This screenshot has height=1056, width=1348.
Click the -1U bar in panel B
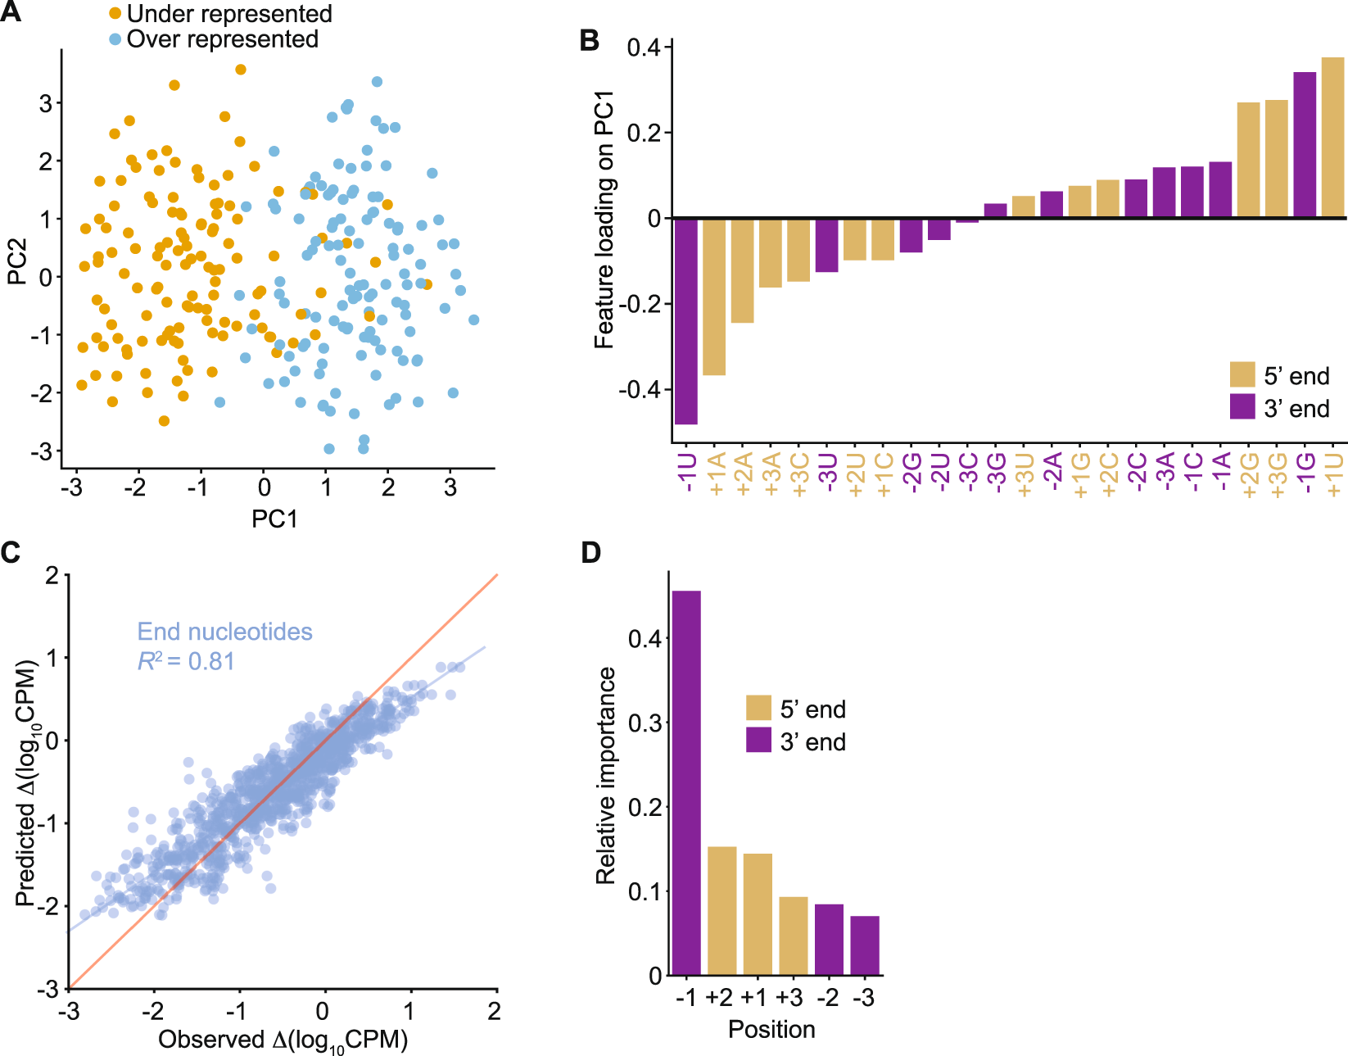[x=686, y=321]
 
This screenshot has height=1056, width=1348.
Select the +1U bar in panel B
[x=1332, y=138]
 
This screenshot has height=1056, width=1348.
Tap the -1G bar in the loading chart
[x=1305, y=145]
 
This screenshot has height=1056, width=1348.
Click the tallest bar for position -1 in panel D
[x=686, y=782]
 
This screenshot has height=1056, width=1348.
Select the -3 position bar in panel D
[x=865, y=945]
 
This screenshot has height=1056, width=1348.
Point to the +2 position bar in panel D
[x=721, y=910]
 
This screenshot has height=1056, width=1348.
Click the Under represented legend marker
[x=115, y=14]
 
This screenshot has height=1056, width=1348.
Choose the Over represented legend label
[x=222, y=39]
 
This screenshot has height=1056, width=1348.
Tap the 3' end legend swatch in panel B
[x=1242, y=406]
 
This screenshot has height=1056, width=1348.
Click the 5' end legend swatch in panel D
[x=758, y=709]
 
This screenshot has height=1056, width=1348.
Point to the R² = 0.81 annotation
[x=186, y=660]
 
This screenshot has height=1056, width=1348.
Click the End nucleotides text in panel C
[x=224, y=632]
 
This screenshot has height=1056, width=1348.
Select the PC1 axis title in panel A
[x=274, y=519]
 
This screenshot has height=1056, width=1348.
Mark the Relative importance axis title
[x=606, y=775]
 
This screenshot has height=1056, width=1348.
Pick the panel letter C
[x=11, y=553]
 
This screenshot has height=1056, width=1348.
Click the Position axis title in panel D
[x=771, y=1029]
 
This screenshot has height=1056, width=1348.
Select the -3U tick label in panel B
[x=827, y=473]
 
